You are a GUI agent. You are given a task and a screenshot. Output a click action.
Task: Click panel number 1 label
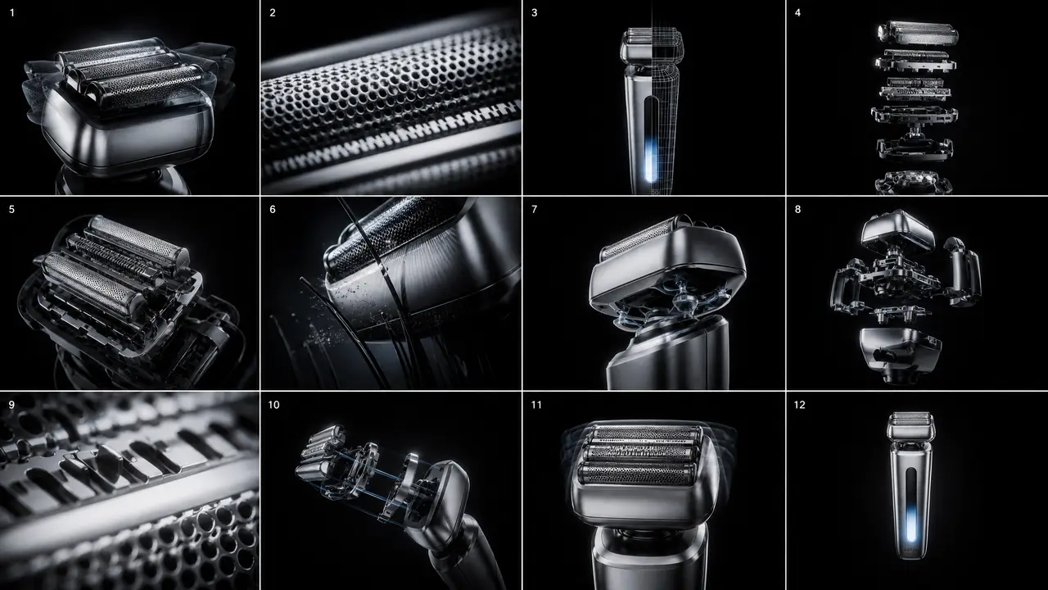pyautogui.click(x=12, y=13)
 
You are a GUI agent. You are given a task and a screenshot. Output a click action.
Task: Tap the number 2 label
pyautogui.click(x=273, y=13)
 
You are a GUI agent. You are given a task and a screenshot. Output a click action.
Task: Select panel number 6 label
pyautogui.click(x=273, y=209)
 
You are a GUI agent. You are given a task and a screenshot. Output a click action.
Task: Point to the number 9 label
pyautogui.click(x=11, y=405)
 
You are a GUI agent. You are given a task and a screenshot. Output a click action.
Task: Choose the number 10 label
pyautogui.click(x=273, y=405)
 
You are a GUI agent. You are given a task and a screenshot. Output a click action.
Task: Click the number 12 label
pyautogui.click(x=800, y=405)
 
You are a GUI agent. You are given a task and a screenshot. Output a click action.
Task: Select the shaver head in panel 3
pyautogui.click(x=653, y=45)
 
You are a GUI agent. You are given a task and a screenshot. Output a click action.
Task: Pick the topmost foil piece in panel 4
pyautogui.click(x=918, y=33)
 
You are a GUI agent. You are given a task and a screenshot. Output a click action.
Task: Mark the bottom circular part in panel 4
pyautogui.click(x=913, y=183)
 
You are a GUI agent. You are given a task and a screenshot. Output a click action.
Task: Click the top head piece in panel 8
pyautogui.click(x=898, y=230)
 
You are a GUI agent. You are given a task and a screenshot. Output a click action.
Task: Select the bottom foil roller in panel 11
pyautogui.click(x=636, y=474)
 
